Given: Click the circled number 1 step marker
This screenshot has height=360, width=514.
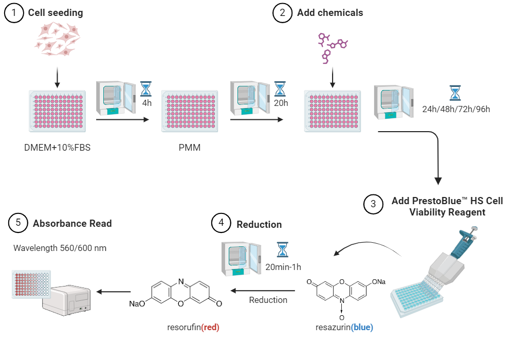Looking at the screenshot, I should click(x=14, y=13).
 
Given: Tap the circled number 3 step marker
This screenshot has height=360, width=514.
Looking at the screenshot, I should click(x=373, y=204).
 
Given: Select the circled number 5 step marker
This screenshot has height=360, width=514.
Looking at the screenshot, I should click(x=18, y=224).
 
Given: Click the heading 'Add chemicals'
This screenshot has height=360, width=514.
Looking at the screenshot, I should click(x=329, y=13).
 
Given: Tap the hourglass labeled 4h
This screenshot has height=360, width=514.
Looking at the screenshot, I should click(x=147, y=88).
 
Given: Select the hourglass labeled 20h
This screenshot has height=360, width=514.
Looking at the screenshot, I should click(x=280, y=88).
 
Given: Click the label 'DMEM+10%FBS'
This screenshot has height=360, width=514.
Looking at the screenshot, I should click(x=58, y=149).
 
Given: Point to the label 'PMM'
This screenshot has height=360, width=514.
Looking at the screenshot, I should click(x=190, y=149).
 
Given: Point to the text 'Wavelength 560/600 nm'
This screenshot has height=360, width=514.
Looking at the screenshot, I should click(x=60, y=248).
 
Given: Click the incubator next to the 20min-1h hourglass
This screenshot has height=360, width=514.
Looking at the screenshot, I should click(x=242, y=257).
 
